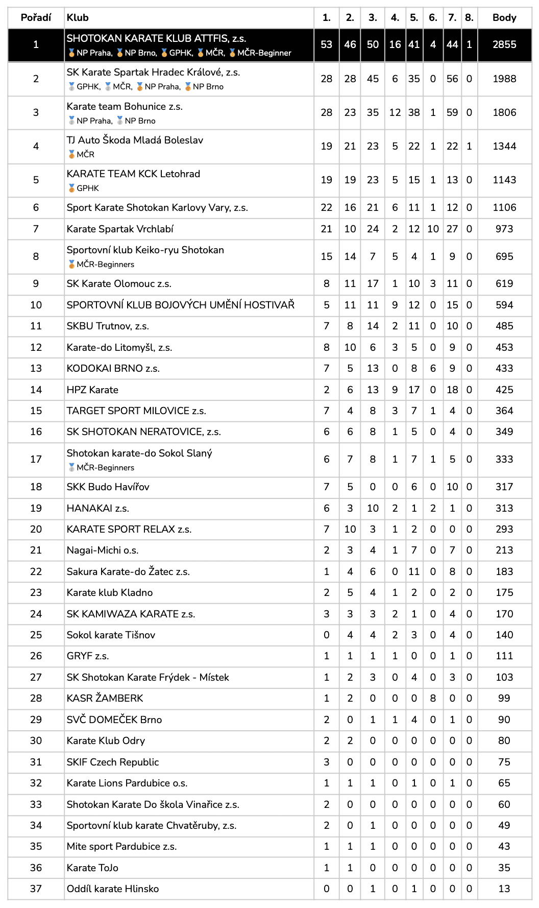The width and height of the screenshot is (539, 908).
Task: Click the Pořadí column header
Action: (36, 18)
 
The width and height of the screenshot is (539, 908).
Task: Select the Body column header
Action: (504, 18)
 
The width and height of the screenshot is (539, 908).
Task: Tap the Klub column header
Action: (78, 18)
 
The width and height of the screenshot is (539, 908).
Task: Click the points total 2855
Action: (504, 44)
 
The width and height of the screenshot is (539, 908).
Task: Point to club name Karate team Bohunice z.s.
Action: (125, 106)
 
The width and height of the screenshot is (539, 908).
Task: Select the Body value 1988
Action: (504, 79)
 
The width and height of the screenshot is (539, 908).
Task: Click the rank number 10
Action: (36, 305)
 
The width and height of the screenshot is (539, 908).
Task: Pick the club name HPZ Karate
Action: (92, 390)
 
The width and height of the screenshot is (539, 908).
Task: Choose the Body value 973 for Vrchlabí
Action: (504, 229)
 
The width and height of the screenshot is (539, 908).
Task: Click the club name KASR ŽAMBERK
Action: (105, 698)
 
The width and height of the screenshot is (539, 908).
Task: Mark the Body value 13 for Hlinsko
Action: (504, 889)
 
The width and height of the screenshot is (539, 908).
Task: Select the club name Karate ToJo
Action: (92, 868)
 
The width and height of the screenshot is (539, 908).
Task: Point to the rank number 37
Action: (36, 889)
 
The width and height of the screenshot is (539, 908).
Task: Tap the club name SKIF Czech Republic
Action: (113, 762)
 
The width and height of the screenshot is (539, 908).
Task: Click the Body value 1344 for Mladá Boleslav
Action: (504, 146)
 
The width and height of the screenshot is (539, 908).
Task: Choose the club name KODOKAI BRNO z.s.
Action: (113, 368)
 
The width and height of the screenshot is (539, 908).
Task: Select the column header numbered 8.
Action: (469, 18)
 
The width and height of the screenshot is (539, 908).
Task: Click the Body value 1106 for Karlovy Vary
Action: (504, 207)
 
